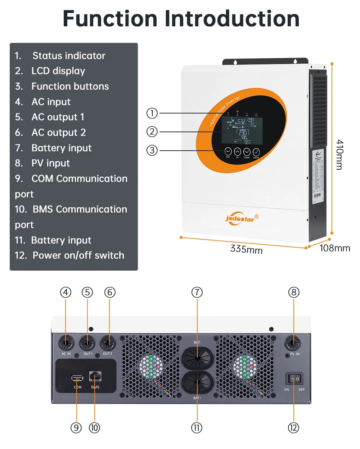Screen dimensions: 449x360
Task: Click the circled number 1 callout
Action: click(x=152, y=113)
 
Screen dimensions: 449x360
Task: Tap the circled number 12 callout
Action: click(x=293, y=428)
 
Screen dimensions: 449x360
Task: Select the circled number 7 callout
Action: click(x=197, y=292)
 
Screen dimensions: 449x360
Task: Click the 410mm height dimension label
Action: click(x=339, y=155)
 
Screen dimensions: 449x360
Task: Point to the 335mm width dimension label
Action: click(x=246, y=249)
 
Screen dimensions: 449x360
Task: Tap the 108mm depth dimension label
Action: click(x=334, y=248)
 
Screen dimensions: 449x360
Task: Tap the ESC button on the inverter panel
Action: click(x=228, y=151)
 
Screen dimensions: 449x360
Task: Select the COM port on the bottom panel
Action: click(x=77, y=378)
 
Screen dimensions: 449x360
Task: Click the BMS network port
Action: click(x=95, y=377)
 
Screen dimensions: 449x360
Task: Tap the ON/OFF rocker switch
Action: click(x=294, y=379)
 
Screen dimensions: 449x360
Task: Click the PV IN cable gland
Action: click(x=293, y=342)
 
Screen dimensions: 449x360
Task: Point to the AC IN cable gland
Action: click(x=66, y=342)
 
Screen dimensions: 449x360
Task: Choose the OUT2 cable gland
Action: click(x=108, y=342)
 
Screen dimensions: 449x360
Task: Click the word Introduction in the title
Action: click(x=232, y=18)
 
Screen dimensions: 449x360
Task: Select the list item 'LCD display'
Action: click(x=58, y=71)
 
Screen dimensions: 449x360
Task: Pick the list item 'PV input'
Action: click(x=51, y=163)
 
